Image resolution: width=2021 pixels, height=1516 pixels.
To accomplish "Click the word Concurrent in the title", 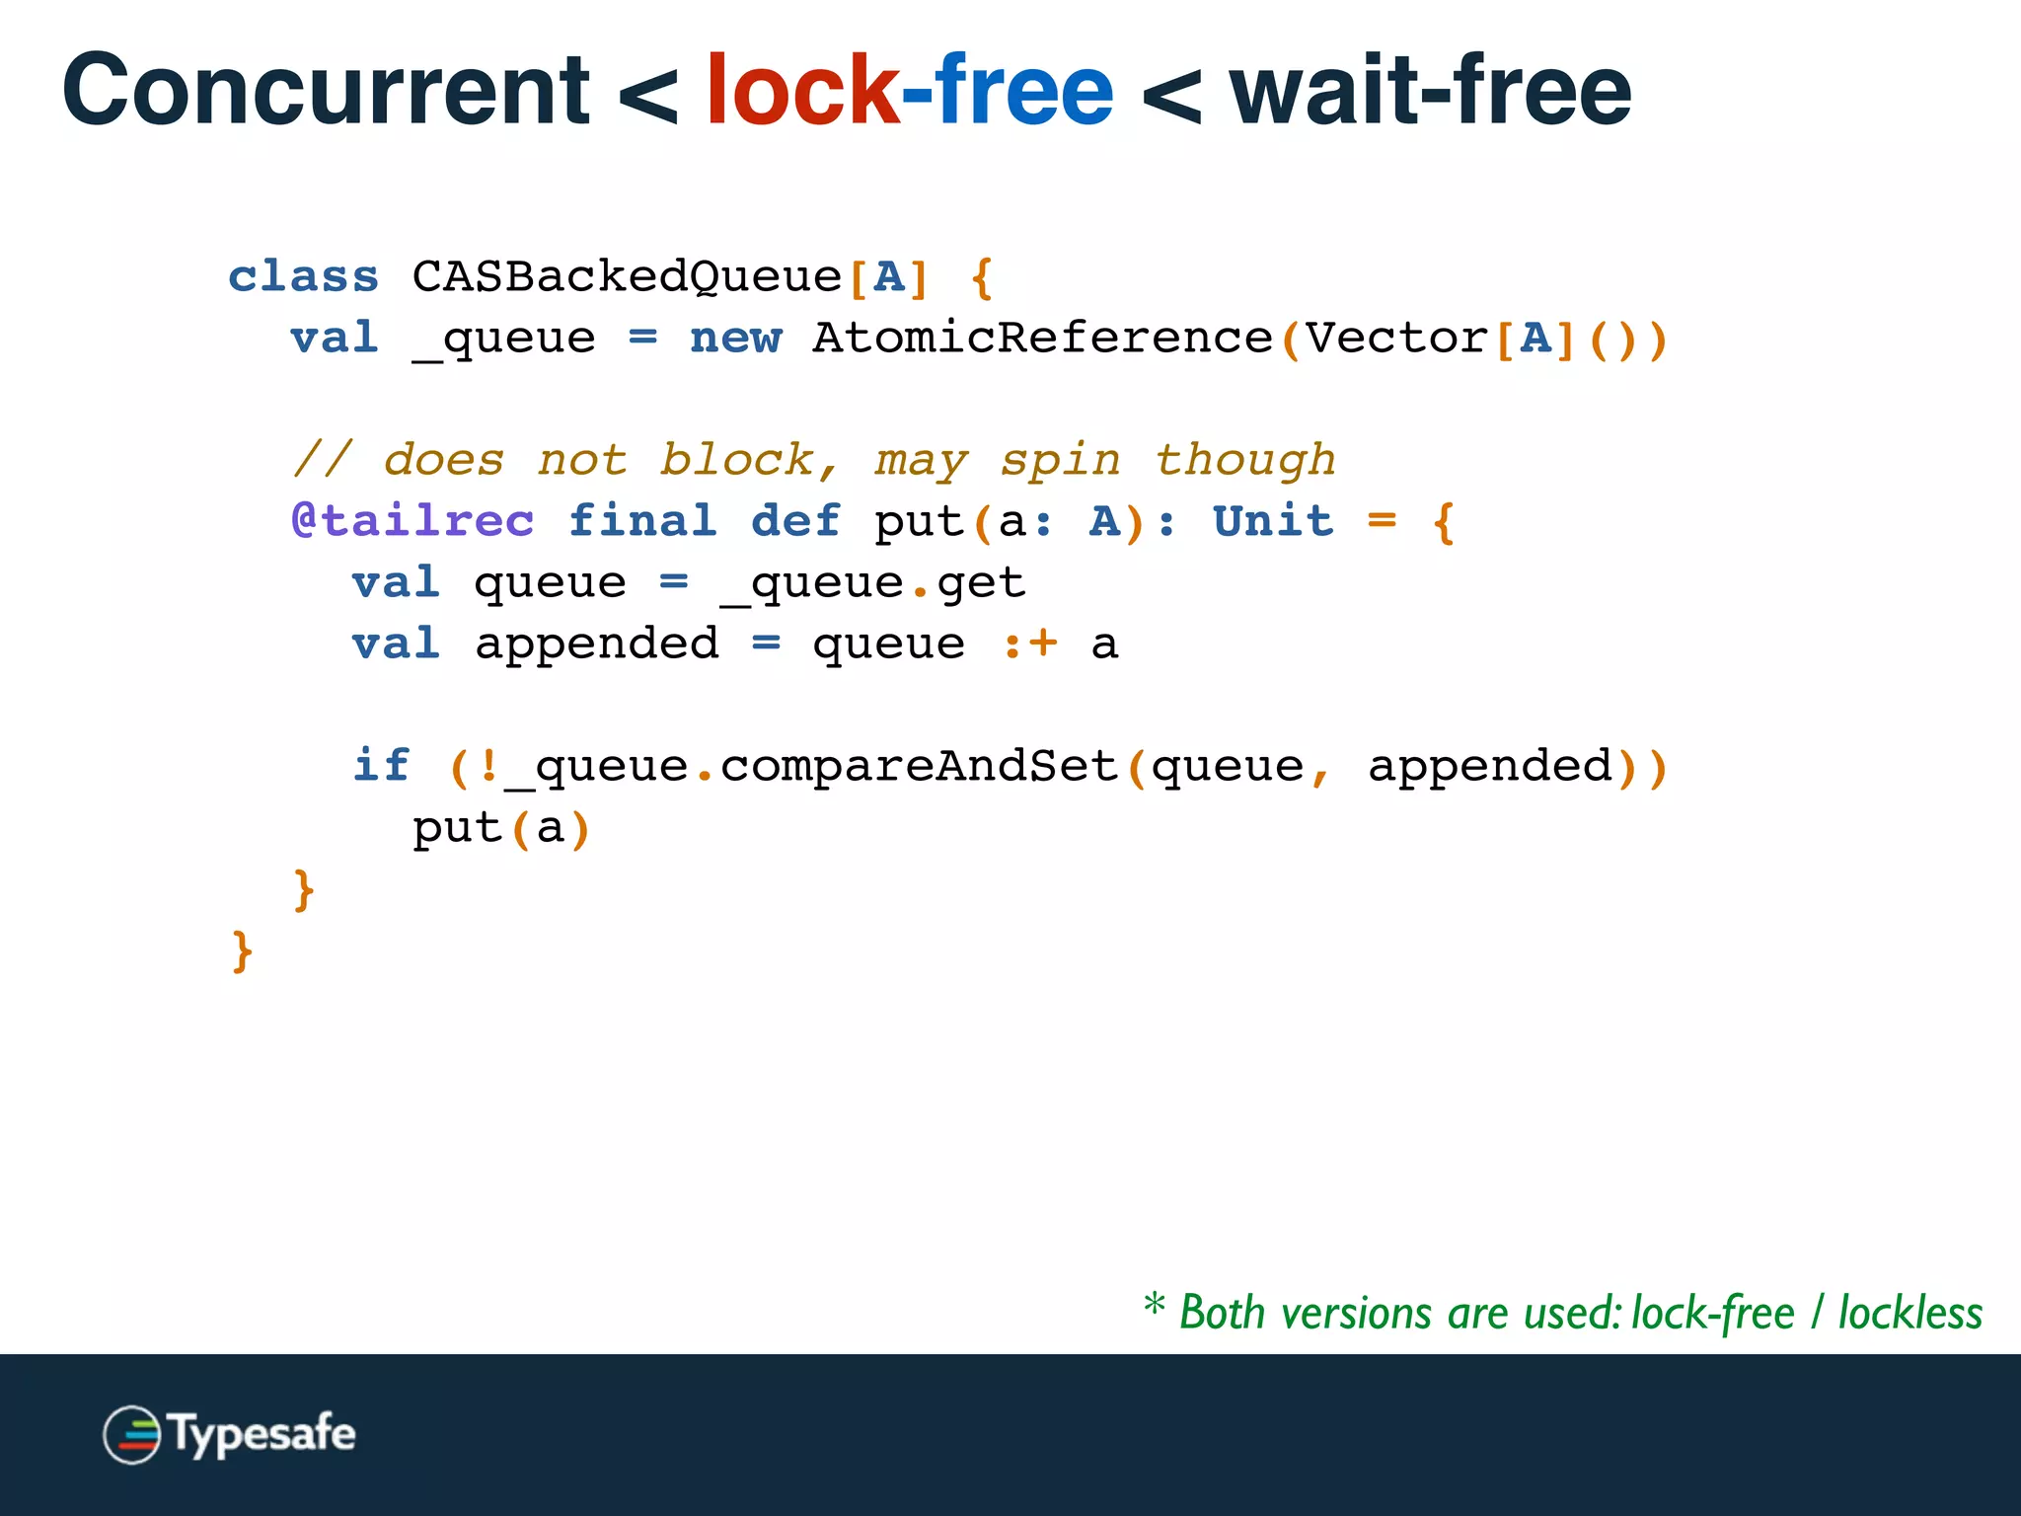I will click(326, 91).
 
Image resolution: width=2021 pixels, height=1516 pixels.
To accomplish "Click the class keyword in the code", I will click(303, 277).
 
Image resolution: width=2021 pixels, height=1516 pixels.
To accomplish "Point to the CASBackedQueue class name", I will click(627, 277).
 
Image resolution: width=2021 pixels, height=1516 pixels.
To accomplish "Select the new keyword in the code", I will click(735, 339).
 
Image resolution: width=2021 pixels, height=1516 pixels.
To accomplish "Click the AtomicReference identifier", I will click(1042, 339).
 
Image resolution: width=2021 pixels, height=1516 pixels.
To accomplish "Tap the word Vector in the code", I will click(1396, 339).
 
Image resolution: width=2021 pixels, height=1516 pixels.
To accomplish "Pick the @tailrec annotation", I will click(412, 521).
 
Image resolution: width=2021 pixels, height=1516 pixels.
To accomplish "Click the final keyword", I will click(642, 521).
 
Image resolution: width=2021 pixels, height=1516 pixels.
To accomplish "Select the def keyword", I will click(795, 521).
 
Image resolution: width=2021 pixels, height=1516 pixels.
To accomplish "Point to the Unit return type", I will click(1273, 521).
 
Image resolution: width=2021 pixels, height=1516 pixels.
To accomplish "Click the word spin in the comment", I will click(1061, 461).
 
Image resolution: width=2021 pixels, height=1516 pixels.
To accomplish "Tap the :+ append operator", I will click(1029, 644).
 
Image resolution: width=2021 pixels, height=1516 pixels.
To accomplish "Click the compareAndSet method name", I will click(919, 767).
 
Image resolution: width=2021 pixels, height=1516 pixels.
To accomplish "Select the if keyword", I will click(381, 767).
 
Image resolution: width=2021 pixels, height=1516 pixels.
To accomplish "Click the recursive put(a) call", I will click(500, 828).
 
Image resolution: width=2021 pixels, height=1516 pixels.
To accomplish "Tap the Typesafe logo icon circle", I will click(131, 1434).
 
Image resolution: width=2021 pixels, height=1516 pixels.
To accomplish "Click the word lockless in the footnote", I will click(1909, 1314).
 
